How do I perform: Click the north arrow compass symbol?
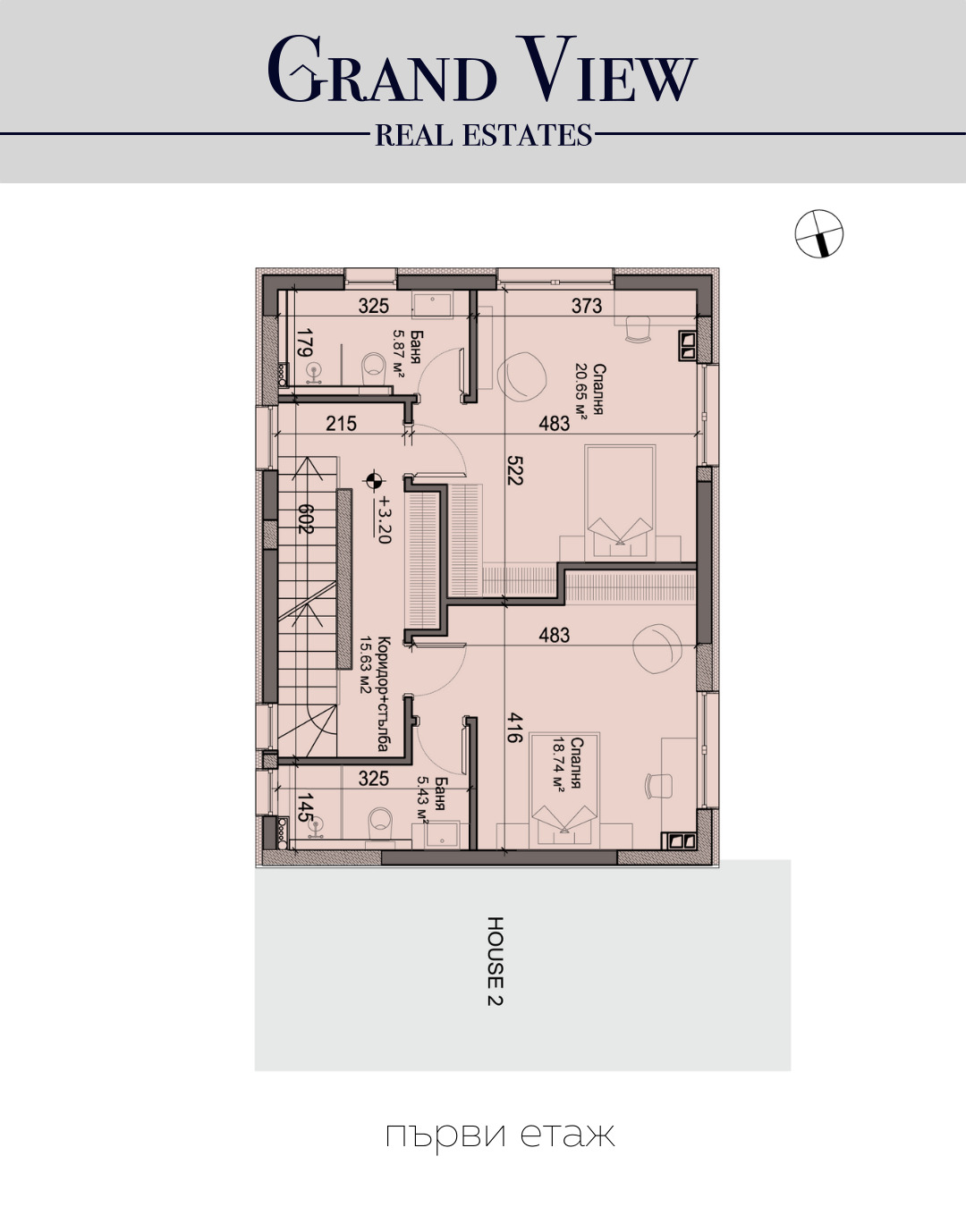819,234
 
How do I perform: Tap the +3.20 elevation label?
385,519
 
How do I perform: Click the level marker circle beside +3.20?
374,481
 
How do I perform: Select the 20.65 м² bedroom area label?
581,389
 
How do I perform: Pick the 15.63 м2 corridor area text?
367,664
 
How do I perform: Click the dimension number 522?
514,470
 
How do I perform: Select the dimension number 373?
587,306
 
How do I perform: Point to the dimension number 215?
342,424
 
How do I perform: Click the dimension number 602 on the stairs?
305,519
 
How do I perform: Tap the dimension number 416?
514,728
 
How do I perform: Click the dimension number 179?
304,343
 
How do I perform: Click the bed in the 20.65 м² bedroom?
620,502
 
